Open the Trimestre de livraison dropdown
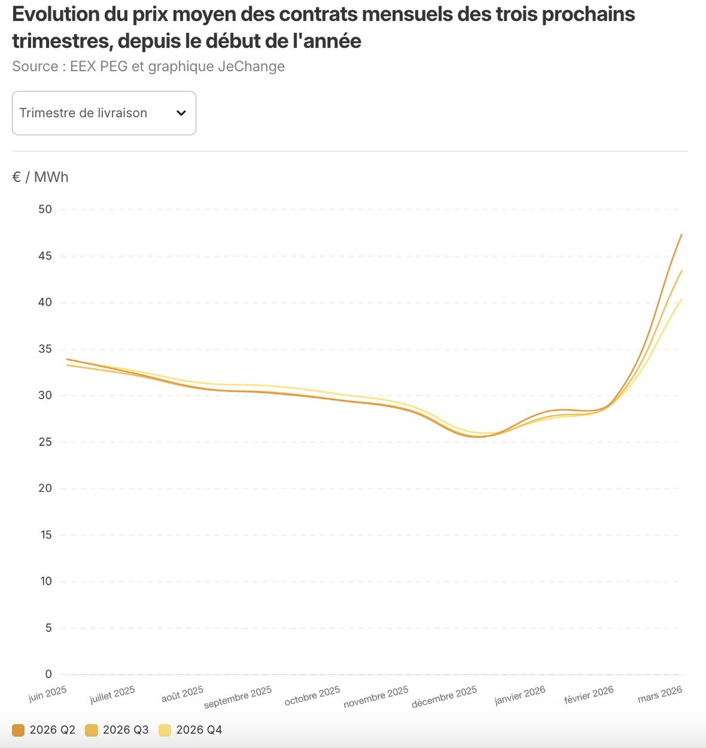click(103, 113)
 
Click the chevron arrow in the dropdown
click(181, 113)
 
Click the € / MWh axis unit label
click(40, 177)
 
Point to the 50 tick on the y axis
click(45, 209)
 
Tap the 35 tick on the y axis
click(45, 349)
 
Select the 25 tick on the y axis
click(45, 442)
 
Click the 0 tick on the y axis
click(49, 674)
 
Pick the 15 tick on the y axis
click(45, 535)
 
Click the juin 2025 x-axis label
click(47, 694)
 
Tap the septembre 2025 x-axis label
click(238, 697)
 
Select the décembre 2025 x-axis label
click(444, 697)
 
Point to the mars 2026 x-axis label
click(660, 694)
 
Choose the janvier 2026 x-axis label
click(520, 695)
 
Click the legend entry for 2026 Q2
click(44, 730)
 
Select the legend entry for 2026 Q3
click(117, 730)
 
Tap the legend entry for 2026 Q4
click(191, 730)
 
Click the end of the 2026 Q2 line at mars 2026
click(682, 234)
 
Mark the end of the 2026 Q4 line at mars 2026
click(682, 299)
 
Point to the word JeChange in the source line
click(251, 66)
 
